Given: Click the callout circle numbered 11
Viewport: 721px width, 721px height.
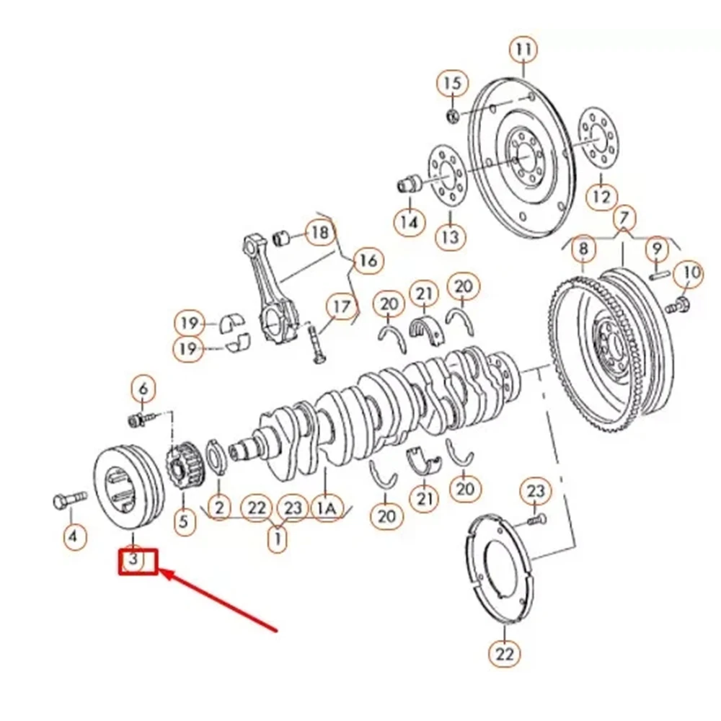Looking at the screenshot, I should click(x=523, y=50).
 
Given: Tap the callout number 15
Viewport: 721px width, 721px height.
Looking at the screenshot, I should click(x=451, y=84).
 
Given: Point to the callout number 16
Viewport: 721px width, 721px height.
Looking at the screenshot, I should click(x=368, y=260).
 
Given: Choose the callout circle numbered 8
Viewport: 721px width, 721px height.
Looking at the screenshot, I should click(x=583, y=249).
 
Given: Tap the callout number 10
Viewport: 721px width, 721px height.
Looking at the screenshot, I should click(x=691, y=273).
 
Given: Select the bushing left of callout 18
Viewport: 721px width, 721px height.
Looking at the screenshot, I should click(x=283, y=236).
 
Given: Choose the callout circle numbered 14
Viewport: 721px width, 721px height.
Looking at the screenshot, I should click(x=409, y=222).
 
